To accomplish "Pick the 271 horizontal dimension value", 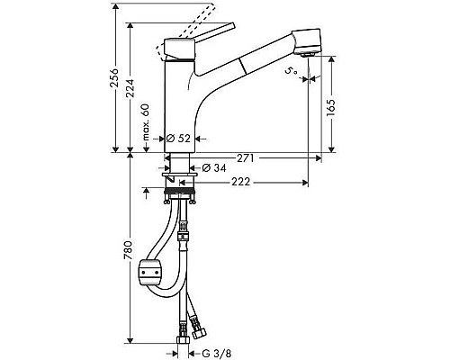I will [x=245, y=157].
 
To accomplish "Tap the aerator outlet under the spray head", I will [x=308, y=55].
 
